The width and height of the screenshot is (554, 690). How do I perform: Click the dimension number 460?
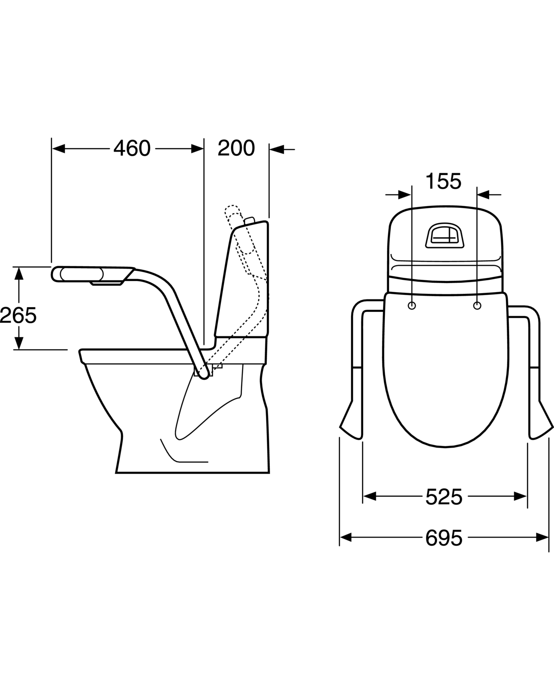132,148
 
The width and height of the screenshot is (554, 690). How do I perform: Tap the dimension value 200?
236,148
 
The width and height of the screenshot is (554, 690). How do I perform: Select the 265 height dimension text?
18,316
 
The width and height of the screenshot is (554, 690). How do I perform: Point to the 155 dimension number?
444,181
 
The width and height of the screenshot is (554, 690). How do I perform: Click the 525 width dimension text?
444,497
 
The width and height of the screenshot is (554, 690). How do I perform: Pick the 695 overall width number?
444,538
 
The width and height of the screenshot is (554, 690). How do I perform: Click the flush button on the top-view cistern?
444,236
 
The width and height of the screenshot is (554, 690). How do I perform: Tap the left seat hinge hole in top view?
412,306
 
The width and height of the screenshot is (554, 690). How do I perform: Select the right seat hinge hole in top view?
477,306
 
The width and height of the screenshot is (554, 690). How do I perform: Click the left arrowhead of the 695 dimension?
345,538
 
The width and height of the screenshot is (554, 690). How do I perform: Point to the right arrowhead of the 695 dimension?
542,538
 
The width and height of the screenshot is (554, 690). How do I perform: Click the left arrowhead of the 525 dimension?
369,496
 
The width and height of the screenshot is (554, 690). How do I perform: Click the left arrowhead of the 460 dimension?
58,149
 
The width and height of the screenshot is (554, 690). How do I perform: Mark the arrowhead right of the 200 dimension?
276,149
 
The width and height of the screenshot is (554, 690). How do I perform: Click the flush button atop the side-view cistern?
249,220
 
